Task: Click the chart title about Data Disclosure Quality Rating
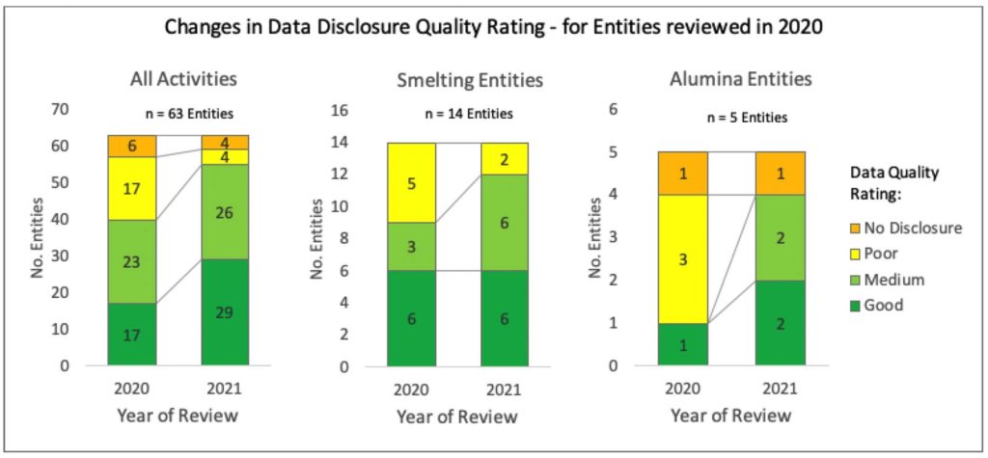494,27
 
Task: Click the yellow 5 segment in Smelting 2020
411,183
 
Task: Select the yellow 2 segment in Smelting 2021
506,158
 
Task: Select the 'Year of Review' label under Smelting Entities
458,417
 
